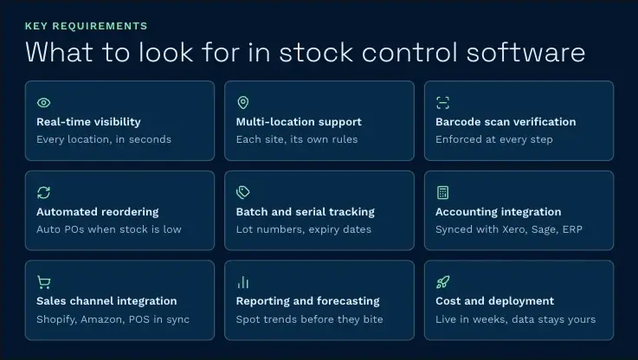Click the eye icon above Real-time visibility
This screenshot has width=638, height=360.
pyautogui.click(x=43, y=102)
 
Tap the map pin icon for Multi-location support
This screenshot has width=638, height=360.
pyautogui.click(x=243, y=102)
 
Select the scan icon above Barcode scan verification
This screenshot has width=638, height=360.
pyautogui.click(x=442, y=102)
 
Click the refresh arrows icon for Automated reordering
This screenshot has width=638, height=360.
pyautogui.click(x=43, y=192)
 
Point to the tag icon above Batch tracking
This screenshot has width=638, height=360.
pyautogui.click(x=243, y=192)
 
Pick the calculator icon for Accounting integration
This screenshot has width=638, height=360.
pyautogui.click(x=442, y=192)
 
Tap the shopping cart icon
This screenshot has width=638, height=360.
pyautogui.click(x=43, y=282)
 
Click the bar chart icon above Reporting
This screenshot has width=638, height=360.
pyautogui.click(x=243, y=282)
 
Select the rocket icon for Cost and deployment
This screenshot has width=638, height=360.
pyautogui.click(x=442, y=282)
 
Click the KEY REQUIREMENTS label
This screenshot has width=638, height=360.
pyautogui.click(x=87, y=26)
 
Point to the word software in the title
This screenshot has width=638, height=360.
pyautogui.click(x=525, y=53)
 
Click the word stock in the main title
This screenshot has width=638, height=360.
pyautogui.click(x=316, y=53)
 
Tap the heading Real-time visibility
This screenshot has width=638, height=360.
pyautogui.click(x=88, y=122)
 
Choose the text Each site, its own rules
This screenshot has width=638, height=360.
pyautogui.click(x=297, y=139)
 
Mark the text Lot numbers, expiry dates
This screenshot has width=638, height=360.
pyautogui.click(x=304, y=229)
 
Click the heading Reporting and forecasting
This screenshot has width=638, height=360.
pyautogui.click(x=307, y=301)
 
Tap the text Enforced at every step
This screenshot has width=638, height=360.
pyautogui.click(x=494, y=139)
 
